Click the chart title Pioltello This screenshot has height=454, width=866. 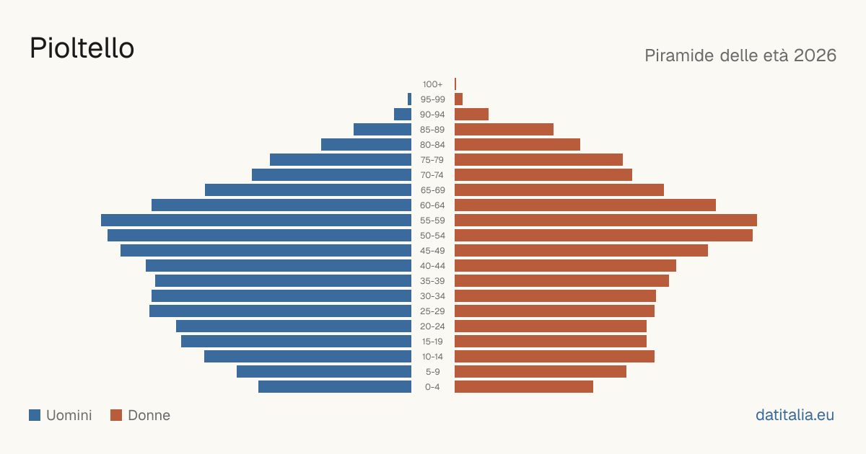(x=82, y=48)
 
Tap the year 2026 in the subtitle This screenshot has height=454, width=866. (x=815, y=55)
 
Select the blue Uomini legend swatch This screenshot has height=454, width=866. (x=35, y=415)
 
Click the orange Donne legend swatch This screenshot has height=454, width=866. (x=116, y=415)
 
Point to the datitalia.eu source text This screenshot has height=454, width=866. (x=795, y=415)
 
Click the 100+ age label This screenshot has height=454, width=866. (x=432, y=84)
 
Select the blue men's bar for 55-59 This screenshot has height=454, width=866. (x=256, y=220)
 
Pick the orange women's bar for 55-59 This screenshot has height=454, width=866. (x=605, y=220)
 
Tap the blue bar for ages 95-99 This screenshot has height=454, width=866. (x=409, y=99)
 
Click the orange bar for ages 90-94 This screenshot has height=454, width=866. (x=472, y=115)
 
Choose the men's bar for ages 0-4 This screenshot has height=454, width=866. (x=335, y=386)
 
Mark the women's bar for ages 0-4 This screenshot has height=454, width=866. (x=524, y=386)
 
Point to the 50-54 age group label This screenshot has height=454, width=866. (x=432, y=236)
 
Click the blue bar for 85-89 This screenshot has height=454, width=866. (x=382, y=129)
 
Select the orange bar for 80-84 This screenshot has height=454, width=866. (x=517, y=144)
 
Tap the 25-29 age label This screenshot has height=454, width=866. (x=432, y=311)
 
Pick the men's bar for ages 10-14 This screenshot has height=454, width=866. (x=307, y=356)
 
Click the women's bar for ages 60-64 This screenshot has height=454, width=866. (x=585, y=205)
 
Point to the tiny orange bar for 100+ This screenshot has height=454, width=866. (x=455, y=84)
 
